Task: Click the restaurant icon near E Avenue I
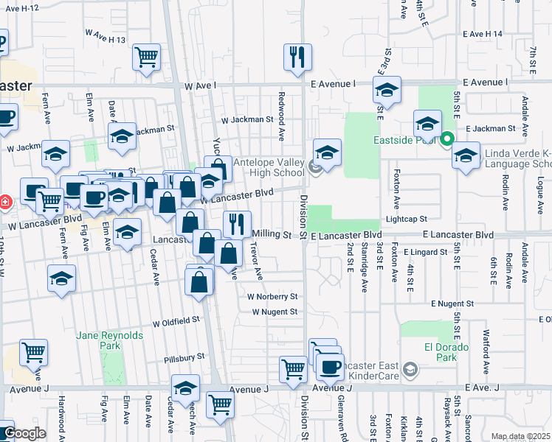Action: coord(297,57)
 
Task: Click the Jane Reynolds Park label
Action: coord(98,340)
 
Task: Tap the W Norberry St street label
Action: coord(272,297)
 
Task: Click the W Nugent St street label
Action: coord(275,312)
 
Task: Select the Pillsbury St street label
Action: coord(184,357)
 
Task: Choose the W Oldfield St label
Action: coord(176,321)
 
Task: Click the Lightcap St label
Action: coord(427,220)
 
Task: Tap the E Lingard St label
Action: coord(427,252)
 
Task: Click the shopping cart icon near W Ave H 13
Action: coord(147,57)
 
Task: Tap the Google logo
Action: coord(24,433)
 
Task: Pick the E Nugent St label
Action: coord(453,304)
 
